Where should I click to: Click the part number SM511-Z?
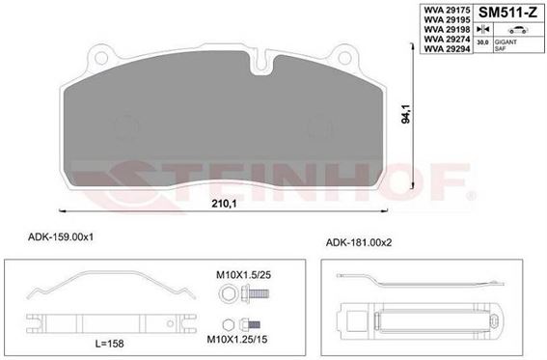507,13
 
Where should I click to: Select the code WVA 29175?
447,10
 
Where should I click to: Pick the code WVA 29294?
447,49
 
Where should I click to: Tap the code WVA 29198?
447,29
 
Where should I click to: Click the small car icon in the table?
518,30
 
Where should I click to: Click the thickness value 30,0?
482,42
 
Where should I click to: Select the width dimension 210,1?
224,204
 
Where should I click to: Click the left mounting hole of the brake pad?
101,58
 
